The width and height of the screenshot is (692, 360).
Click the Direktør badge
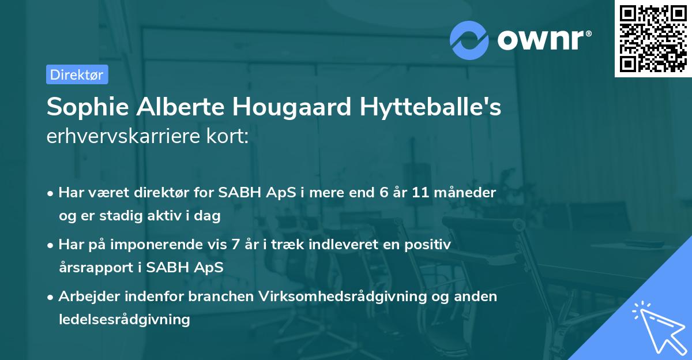(x=77, y=74)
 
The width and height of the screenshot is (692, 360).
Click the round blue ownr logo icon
(x=469, y=40)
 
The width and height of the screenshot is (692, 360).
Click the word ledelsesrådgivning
(x=124, y=319)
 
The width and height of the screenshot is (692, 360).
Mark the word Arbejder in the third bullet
(x=86, y=297)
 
